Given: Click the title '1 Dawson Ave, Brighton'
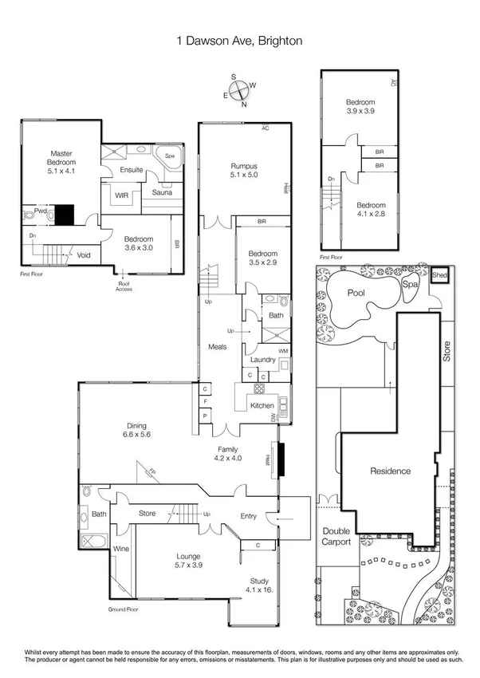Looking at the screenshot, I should (x=239, y=40).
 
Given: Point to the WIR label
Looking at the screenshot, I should (x=122, y=194).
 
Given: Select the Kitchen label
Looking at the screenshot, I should (x=262, y=406).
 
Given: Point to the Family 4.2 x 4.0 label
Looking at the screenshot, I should (x=227, y=454).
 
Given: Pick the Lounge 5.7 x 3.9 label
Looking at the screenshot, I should (x=189, y=560).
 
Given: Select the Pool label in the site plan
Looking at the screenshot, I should (x=355, y=294).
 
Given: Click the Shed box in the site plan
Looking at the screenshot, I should (x=439, y=276).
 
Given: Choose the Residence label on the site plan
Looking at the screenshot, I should (x=390, y=471).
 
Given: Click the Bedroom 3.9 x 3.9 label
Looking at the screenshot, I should (x=360, y=107).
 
